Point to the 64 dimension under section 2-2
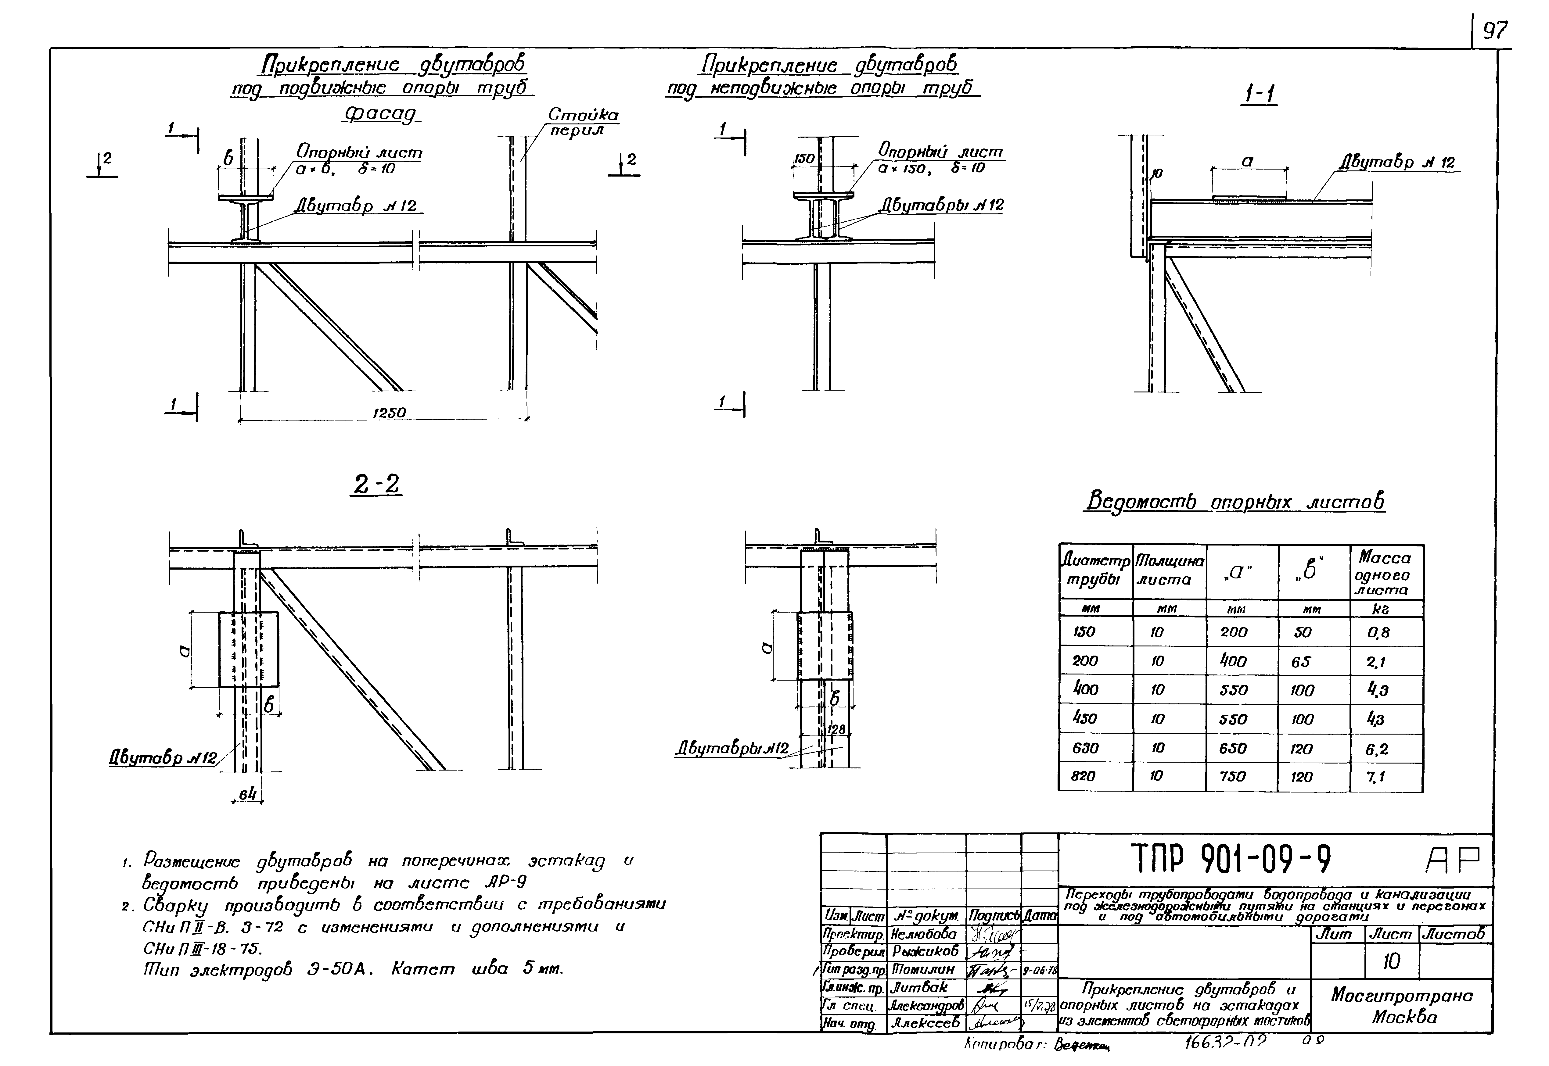coord(248,794)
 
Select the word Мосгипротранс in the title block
coord(1401,996)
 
